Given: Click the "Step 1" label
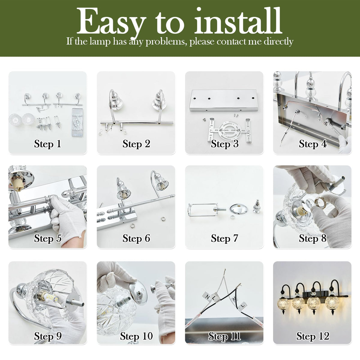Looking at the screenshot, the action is pyautogui.click(x=47, y=144).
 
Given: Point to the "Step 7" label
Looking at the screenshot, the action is pyautogui.click(x=224, y=238).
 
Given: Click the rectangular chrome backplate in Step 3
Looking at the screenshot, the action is pyautogui.click(x=224, y=100).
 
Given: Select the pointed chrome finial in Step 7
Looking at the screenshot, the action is pyautogui.click(x=257, y=206).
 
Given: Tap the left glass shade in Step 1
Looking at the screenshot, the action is pyautogui.click(x=15, y=120).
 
